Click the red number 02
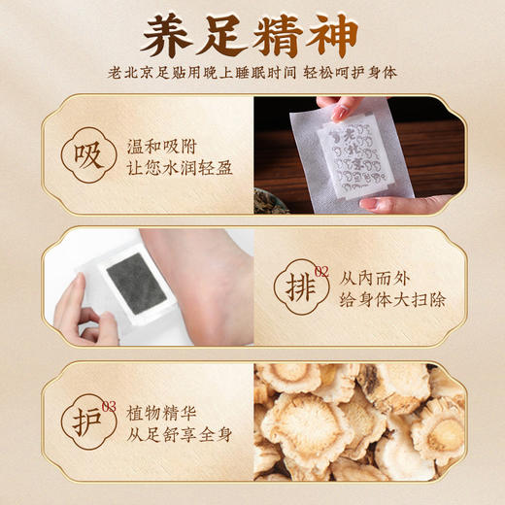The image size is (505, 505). coord(321,271)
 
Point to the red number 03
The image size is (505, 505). coord(109,405)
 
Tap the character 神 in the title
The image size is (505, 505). coord(335,36)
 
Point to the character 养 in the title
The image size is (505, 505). coord(166,36)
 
